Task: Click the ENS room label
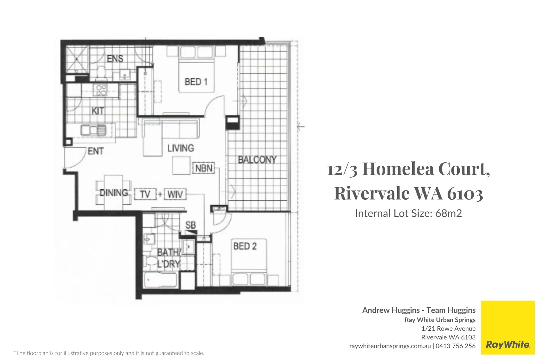pos(115,59)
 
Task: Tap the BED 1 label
pos(196,82)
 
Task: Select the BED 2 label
pos(245,246)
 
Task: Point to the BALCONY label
pos(257,160)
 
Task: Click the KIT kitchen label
pos(98,111)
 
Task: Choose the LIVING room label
pos(180,148)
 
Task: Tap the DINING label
pos(114,193)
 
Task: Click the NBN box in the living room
pos(203,168)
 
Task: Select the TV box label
pos(145,194)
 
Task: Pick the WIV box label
pos(175,194)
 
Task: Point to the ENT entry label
pos(95,151)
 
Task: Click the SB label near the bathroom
pos(190,225)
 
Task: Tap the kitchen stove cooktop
pos(100,90)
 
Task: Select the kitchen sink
pos(93,129)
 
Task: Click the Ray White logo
pos(508,344)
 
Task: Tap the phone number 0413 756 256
pos(456,346)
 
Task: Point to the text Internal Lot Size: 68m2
pos(408,213)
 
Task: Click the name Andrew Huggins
pos(391,310)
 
